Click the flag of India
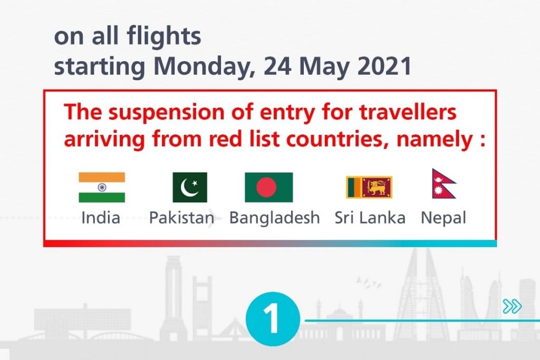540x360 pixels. tap(102, 187)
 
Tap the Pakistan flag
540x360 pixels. tap(190, 187)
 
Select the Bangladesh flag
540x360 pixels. tap(268, 187)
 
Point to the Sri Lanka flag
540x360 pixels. tap(369, 187)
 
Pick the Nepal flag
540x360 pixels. tap(442, 184)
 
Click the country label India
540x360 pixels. tap(101, 218)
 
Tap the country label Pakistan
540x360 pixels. tap(181, 218)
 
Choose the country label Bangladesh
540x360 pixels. tap(274, 218)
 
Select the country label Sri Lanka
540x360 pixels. tap(370, 218)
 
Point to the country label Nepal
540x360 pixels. tap(443, 218)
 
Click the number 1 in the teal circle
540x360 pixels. tap(273, 319)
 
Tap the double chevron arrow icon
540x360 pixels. tap(512, 306)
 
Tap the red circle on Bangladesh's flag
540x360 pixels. tap(266, 187)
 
